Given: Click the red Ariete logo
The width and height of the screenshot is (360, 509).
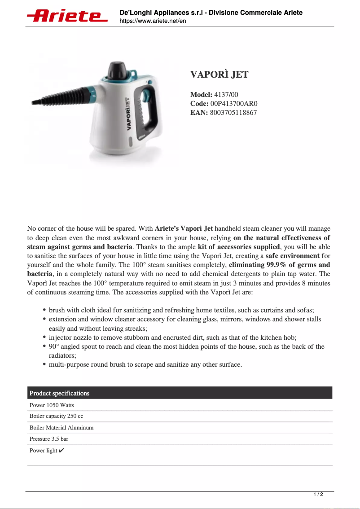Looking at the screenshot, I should [x=67, y=16].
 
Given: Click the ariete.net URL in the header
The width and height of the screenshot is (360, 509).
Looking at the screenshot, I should [x=153, y=21].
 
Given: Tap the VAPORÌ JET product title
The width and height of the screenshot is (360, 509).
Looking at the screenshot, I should [x=219, y=75].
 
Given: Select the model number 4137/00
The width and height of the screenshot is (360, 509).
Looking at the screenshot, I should [x=226, y=95].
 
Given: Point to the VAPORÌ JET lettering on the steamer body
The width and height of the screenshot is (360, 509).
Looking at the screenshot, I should [x=127, y=114].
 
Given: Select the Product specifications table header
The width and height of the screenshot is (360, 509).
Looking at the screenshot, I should [x=60, y=393].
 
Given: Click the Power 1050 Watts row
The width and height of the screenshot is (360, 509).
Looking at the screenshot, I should [x=52, y=405].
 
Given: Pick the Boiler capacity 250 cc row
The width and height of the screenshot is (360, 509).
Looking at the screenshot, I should [x=57, y=416].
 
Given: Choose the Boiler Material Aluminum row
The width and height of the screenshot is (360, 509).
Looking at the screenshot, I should [x=61, y=428].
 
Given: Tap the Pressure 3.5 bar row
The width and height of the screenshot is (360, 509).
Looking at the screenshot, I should [x=49, y=439].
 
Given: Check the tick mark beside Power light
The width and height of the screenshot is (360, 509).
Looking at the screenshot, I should [x=61, y=450].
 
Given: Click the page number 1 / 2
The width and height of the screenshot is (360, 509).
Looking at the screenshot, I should [x=318, y=494].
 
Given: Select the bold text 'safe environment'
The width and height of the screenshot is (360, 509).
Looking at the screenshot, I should [x=292, y=256].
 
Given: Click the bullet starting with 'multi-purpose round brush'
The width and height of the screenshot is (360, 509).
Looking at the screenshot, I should [x=145, y=364].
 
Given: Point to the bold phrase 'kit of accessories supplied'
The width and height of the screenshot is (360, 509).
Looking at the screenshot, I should [x=238, y=247].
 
